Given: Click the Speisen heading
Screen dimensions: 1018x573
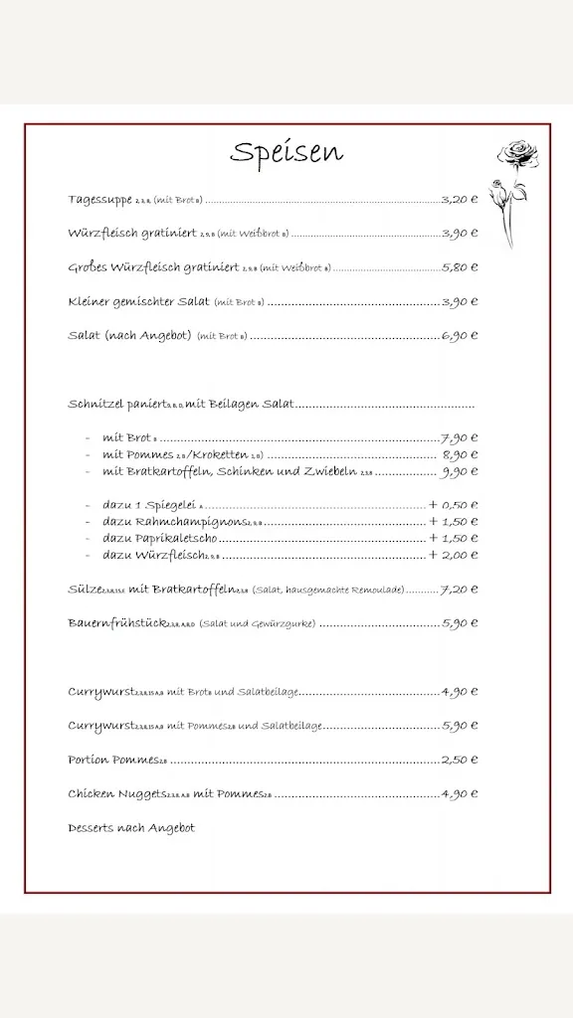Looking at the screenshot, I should coord(286,152).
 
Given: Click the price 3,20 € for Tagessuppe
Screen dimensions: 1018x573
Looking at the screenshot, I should coord(460,200).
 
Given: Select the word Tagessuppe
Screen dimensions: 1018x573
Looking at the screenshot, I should coord(99,200).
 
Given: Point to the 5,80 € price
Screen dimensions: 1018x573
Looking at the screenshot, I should coord(460,267).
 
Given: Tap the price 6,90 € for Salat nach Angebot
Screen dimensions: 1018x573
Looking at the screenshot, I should coord(460,336).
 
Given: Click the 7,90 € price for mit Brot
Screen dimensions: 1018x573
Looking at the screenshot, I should coord(460,437).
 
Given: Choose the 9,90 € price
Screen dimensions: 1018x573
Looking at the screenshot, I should coord(460,472).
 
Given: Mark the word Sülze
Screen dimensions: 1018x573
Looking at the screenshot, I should coord(85,590).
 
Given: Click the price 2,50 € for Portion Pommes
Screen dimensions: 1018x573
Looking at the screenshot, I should coord(460,761).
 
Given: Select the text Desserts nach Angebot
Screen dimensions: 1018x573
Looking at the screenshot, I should coord(131,828).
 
